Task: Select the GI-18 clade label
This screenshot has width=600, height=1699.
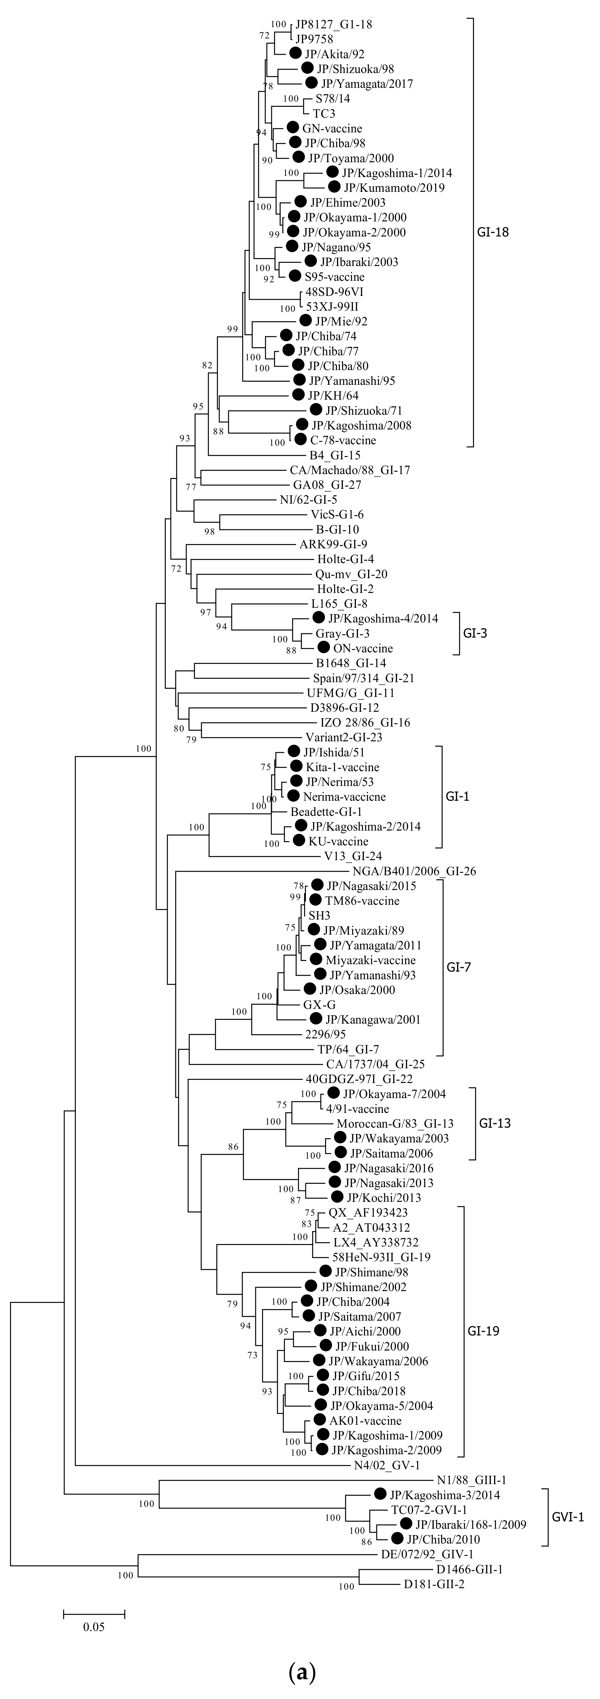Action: [493, 232]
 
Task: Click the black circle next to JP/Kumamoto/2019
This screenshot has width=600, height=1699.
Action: [335, 187]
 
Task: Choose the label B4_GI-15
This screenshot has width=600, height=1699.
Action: [335, 455]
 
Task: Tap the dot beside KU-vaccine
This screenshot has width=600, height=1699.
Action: [298, 841]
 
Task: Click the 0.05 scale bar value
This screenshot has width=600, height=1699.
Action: [94, 1627]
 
